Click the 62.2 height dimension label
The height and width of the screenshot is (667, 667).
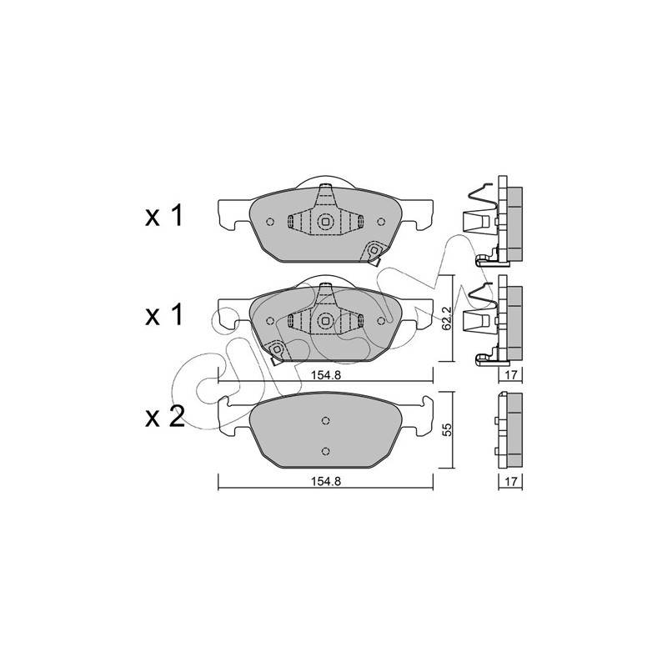446,318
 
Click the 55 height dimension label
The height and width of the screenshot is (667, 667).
446,429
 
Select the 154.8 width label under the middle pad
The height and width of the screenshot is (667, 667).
326,374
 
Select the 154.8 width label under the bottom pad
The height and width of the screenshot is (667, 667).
326,481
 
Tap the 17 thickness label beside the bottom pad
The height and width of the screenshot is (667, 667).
510,481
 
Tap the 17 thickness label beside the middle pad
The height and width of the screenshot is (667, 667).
510,374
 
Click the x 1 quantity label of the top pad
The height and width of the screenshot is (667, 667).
163,215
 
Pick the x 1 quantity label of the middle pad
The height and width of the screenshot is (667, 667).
163,314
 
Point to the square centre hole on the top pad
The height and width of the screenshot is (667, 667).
325,221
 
